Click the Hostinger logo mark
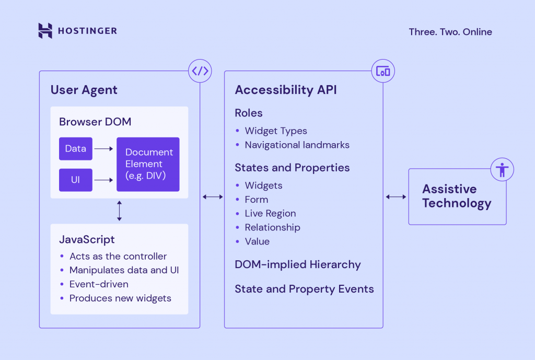[45, 31]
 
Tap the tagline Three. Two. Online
[450, 32]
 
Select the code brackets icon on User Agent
[200, 71]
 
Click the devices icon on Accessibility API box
[383, 71]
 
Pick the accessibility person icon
[503, 169]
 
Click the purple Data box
[76, 149]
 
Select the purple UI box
[76, 180]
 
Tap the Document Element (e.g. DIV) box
[148, 164]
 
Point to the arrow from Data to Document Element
[104, 149]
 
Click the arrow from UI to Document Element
[104, 180]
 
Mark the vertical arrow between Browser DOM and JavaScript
[119, 211]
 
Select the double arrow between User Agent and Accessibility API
[212, 196]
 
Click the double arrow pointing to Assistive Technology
[396, 196]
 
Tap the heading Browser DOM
[95, 122]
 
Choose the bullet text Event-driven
[99, 284]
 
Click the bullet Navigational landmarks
[297, 145]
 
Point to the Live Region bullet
[270, 213]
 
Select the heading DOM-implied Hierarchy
[297, 264]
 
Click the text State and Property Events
[304, 289]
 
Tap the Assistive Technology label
[457, 196]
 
